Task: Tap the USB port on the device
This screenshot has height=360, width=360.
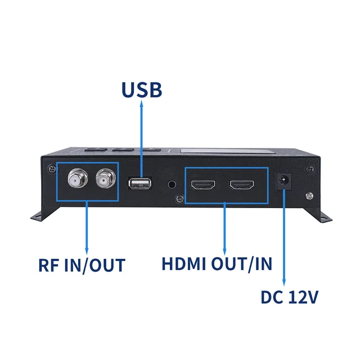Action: point(139,183)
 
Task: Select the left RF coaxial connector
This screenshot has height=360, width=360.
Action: point(75,181)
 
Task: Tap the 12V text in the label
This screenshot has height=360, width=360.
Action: point(304,296)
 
